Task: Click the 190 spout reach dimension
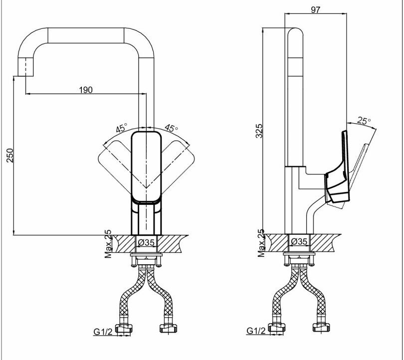(x=86, y=90)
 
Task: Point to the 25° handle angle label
(x=364, y=121)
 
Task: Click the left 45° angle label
(x=121, y=128)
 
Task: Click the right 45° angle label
(x=171, y=128)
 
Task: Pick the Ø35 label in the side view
(x=299, y=242)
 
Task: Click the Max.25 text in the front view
(x=108, y=244)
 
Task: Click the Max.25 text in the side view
(x=260, y=244)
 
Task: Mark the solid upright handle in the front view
(x=146, y=167)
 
